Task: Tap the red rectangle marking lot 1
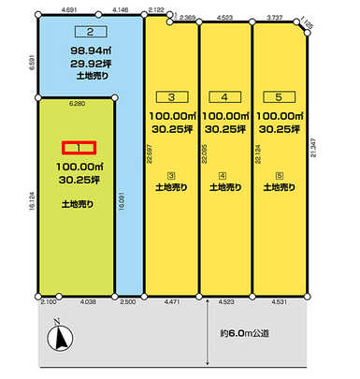pyautogui.click(x=79, y=148)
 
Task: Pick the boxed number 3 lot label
pyautogui.click(x=171, y=95)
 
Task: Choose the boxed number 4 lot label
pyautogui.click(x=224, y=95)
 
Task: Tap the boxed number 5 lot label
pyautogui.click(x=278, y=95)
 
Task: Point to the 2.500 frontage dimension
pyautogui.click(x=128, y=302)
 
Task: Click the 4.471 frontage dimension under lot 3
pyautogui.click(x=171, y=302)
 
